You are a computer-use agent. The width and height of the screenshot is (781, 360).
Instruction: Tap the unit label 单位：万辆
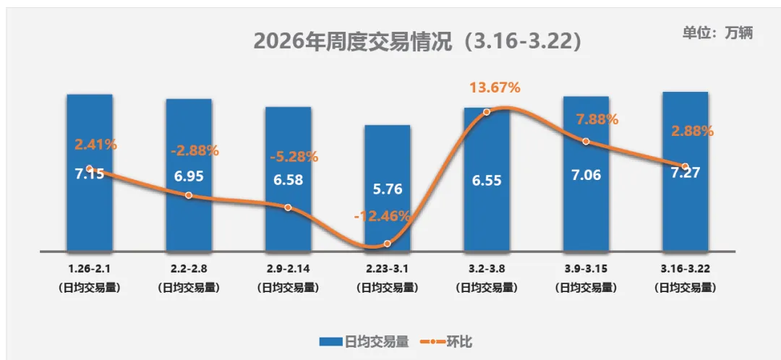point(717,33)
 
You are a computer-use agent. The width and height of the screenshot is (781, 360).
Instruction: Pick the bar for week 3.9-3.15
point(586,210)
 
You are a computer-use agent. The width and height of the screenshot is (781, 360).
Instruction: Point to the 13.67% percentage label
point(495,87)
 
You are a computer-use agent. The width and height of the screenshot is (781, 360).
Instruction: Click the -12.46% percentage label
point(383,215)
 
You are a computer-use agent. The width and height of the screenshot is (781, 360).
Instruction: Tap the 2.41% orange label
point(95,144)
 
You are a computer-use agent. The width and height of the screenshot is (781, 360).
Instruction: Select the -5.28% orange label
point(294,157)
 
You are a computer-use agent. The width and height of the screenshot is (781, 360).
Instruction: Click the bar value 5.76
point(387,190)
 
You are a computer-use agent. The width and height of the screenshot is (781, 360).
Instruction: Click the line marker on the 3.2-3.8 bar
point(486,112)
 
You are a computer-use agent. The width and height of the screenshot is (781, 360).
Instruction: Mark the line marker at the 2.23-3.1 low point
point(388,244)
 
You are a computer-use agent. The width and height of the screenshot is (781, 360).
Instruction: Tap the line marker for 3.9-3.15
point(586,142)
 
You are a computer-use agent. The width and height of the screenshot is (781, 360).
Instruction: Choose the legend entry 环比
point(446,341)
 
